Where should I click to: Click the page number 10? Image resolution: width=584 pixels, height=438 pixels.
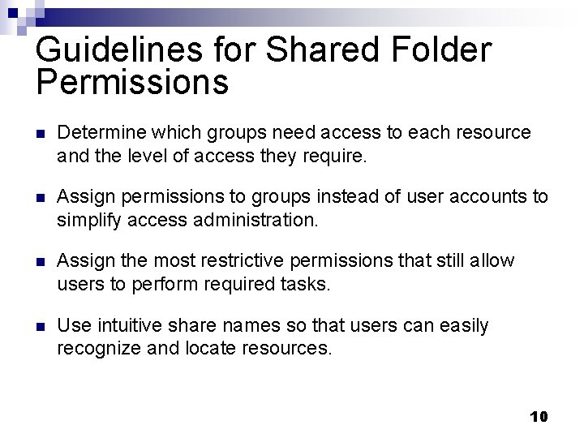(x=539, y=416)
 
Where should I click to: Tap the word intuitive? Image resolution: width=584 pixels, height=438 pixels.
(x=131, y=326)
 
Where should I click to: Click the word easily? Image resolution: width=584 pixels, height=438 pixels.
(x=464, y=326)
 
